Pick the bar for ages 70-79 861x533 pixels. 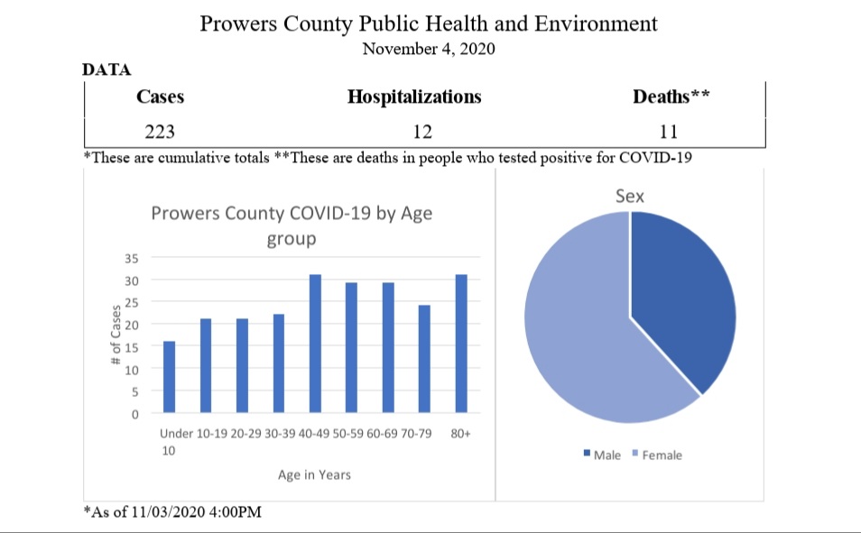[x=424, y=360]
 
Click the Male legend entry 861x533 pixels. [x=603, y=455]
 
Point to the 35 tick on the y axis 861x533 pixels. [x=131, y=258]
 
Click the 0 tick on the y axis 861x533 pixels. [x=134, y=415]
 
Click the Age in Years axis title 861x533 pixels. [x=315, y=474]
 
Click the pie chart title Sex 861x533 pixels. [x=630, y=196]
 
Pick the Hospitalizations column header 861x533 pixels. [x=414, y=97]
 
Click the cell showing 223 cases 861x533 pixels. [x=160, y=133]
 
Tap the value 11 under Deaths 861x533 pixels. [x=668, y=133]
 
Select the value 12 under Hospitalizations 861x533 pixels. [x=422, y=133]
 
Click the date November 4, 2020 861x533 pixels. [x=428, y=49]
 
